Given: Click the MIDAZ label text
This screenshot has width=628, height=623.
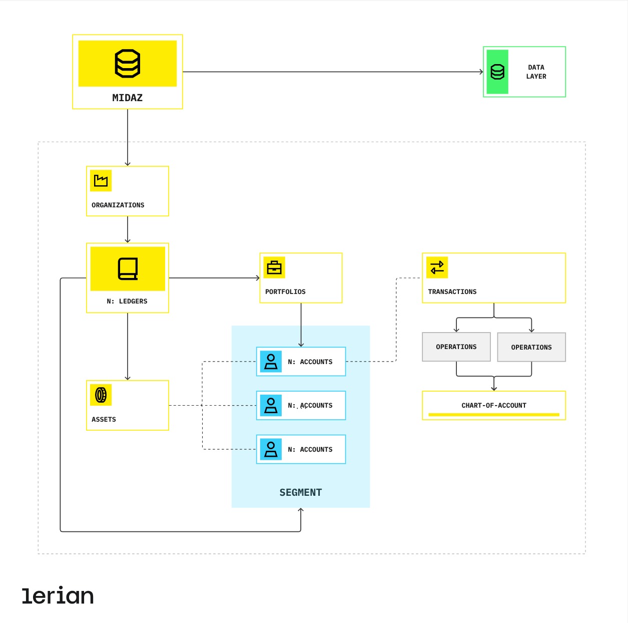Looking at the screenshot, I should point(127,98).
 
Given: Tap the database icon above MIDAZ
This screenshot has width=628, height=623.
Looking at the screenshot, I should point(128,64).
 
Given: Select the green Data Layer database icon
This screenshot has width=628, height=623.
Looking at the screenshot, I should point(497,72).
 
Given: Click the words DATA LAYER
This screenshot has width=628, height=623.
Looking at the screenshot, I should point(536,72).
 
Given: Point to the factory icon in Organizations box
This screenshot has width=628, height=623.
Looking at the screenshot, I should point(101,181).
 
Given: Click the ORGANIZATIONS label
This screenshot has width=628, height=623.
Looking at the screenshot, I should point(118,205).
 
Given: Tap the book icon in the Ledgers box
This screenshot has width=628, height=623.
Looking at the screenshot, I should point(128,269).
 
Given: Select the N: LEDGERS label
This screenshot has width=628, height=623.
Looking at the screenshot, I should point(127,301).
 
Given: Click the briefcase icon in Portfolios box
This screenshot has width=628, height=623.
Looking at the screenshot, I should point(274,268).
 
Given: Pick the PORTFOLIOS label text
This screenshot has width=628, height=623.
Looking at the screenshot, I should point(285,292).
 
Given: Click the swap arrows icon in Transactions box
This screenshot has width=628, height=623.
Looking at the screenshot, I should point(437,268).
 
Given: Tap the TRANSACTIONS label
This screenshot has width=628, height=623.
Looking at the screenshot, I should point(452,292).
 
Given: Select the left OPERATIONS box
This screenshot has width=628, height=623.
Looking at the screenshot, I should point(456,347).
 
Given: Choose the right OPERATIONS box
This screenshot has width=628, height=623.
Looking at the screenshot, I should point(531,348).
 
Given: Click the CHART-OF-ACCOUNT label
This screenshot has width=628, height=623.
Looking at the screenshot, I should point(494,406).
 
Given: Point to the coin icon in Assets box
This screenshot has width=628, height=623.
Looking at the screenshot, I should point(101,395).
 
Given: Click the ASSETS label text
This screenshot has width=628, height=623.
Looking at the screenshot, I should point(104,420).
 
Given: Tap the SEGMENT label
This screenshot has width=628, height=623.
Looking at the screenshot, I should point(301,493).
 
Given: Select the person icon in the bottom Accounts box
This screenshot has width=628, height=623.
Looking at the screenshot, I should point(271,449).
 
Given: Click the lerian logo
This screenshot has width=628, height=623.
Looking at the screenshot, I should point(58,595).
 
